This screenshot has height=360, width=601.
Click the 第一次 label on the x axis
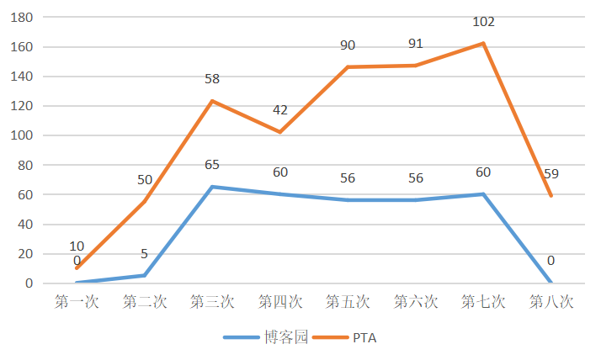[x=77, y=301]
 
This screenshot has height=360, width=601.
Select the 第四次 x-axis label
[x=280, y=301]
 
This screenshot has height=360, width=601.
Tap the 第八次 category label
[x=551, y=301]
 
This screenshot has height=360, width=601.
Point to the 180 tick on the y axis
[x=21, y=18]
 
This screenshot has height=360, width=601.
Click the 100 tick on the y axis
[x=21, y=135]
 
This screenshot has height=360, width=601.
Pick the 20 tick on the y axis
[x=24, y=254]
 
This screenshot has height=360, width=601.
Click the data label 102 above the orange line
[x=483, y=22]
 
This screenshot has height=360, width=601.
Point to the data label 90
[x=348, y=45]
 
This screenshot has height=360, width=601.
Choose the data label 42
[x=280, y=109]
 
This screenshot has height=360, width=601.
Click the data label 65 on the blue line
[x=212, y=165]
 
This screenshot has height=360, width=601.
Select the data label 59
[x=551, y=175]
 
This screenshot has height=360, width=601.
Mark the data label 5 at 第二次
[x=144, y=253]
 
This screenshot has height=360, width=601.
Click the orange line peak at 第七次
[x=483, y=43]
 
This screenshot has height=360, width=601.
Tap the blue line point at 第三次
[x=212, y=187]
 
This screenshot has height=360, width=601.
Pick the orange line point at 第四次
[x=280, y=132]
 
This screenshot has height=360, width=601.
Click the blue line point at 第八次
[x=551, y=283]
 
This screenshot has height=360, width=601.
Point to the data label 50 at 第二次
[x=144, y=179]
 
